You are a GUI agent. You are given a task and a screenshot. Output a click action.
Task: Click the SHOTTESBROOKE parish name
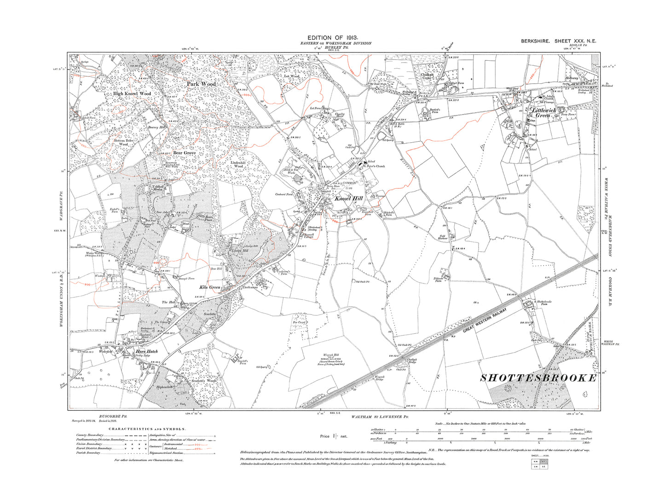[538, 378]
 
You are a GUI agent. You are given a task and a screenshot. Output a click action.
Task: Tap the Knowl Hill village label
[348, 199]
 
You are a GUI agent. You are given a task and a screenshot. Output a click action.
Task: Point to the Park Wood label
[201, 84]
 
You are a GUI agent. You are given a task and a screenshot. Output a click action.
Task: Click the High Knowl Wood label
[132, 93]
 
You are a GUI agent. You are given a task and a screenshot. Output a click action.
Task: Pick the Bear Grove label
[184, 153]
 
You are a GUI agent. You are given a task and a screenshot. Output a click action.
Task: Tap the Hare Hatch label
[147, 352]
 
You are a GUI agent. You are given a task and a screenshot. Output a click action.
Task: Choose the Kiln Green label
[209, 287]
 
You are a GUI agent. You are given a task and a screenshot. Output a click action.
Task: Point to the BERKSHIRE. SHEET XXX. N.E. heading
[558, 41]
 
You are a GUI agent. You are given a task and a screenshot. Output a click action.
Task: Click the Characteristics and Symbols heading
[147, 429]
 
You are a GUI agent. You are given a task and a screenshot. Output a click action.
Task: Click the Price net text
[334, 436]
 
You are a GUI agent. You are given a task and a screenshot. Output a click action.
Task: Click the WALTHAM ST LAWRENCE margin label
[380, 417]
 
